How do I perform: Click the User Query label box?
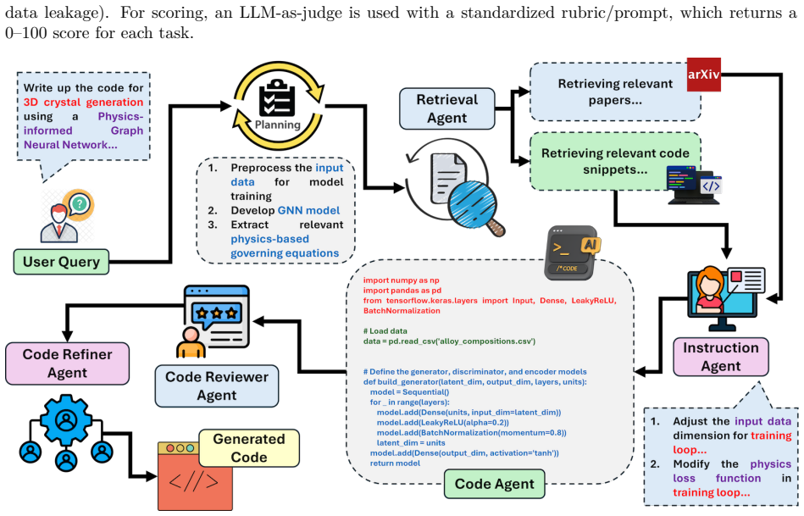[61, 262]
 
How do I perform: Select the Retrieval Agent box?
[446, 108]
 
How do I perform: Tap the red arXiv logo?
[703, 75]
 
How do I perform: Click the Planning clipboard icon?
[277, 99]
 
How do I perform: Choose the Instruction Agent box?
[720, 357]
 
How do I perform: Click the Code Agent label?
[494, 484]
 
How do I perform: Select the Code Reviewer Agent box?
[216, 386]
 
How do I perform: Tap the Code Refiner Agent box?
[67, 363]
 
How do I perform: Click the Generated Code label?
[249, 447]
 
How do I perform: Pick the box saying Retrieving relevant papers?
[615, 92]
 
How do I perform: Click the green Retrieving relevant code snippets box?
[615, 161]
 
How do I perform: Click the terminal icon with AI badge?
[572, 252]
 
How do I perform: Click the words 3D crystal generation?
[84, 102]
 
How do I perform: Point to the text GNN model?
[308, 210]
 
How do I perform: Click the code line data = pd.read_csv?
[449, 341]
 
